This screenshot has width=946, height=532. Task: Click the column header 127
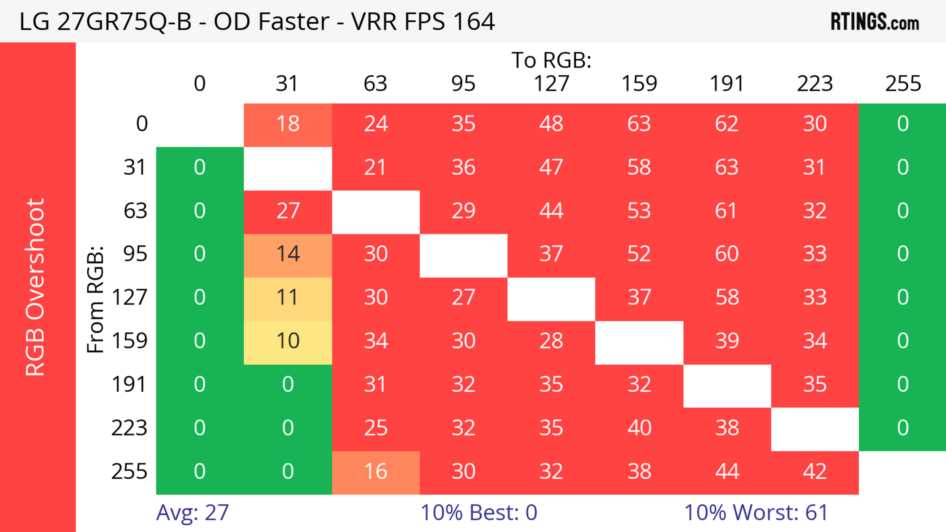[x=551, y=84]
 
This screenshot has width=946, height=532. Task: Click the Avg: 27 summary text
[x=192, y=513]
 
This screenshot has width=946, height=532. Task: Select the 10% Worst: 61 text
[x=756, y=513]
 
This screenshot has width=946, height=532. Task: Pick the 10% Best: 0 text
[x=478, y=513]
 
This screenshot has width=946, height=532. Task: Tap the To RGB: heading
[x=551, y=60]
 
